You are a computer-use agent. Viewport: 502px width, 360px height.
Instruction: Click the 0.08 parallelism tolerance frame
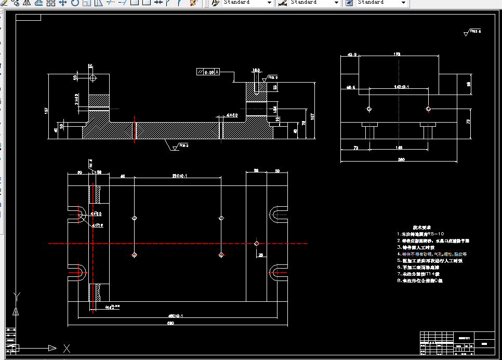click(x=208, y=72)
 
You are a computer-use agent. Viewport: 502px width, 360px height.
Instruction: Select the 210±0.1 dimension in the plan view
click(x=179, y=176)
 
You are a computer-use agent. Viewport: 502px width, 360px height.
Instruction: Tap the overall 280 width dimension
click(x=401, y=159)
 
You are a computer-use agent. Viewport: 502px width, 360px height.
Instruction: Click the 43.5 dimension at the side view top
click(x=352, y=54)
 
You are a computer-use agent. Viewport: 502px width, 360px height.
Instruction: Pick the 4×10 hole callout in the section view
click(x=232, y=115)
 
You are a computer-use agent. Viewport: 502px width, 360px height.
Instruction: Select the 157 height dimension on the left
click(x=46, y=110)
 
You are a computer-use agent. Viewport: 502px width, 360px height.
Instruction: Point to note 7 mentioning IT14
click(x=418, y=273)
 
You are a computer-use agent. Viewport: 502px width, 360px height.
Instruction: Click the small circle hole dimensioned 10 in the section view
click(x=93, y=78)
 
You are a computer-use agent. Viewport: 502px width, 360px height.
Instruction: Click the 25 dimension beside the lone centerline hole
click(x=261, y=255)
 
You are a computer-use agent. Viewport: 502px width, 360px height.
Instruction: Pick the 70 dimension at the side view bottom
click(x=355, y=148)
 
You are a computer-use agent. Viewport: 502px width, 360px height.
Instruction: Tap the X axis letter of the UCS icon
click(x=67, y=348)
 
